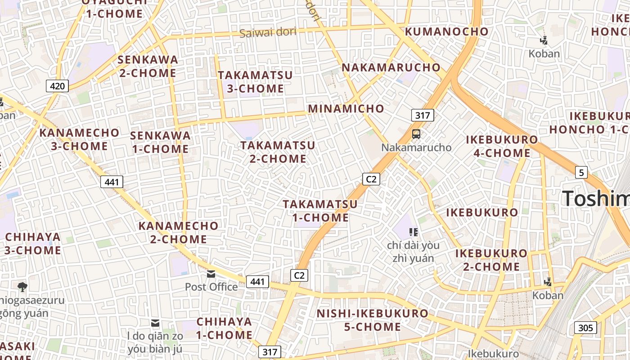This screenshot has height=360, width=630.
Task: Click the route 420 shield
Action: pos(58,85)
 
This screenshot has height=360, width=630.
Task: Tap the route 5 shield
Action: pos(581,172)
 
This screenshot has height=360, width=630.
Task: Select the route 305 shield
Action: pos(585,328)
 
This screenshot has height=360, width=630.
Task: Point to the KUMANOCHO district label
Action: pos(446,31)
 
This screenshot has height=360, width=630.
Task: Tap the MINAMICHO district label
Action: pos(346,108)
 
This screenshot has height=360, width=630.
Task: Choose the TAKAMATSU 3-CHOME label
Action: pos(255,82)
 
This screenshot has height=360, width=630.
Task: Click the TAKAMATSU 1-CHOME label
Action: pos(320,211)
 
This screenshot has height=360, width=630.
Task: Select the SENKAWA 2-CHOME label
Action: pos(148,66)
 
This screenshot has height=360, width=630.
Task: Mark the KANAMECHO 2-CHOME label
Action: pos(178,232)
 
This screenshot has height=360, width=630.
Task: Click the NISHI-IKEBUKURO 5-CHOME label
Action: pos(373,320)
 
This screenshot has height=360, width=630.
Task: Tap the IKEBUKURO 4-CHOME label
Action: pos(502,146)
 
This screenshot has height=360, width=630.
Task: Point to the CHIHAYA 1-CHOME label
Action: pos(224,328)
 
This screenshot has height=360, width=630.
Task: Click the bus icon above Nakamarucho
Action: pos(416,134)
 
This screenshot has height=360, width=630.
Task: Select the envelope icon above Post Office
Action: pos(211,274)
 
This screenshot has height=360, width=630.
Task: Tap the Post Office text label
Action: pos(211,287)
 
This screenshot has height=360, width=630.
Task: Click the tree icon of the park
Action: pos(22,287)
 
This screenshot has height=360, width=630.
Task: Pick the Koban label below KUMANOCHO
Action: pos(544,54)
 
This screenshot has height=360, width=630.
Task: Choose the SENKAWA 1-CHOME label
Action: pos(160,142)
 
